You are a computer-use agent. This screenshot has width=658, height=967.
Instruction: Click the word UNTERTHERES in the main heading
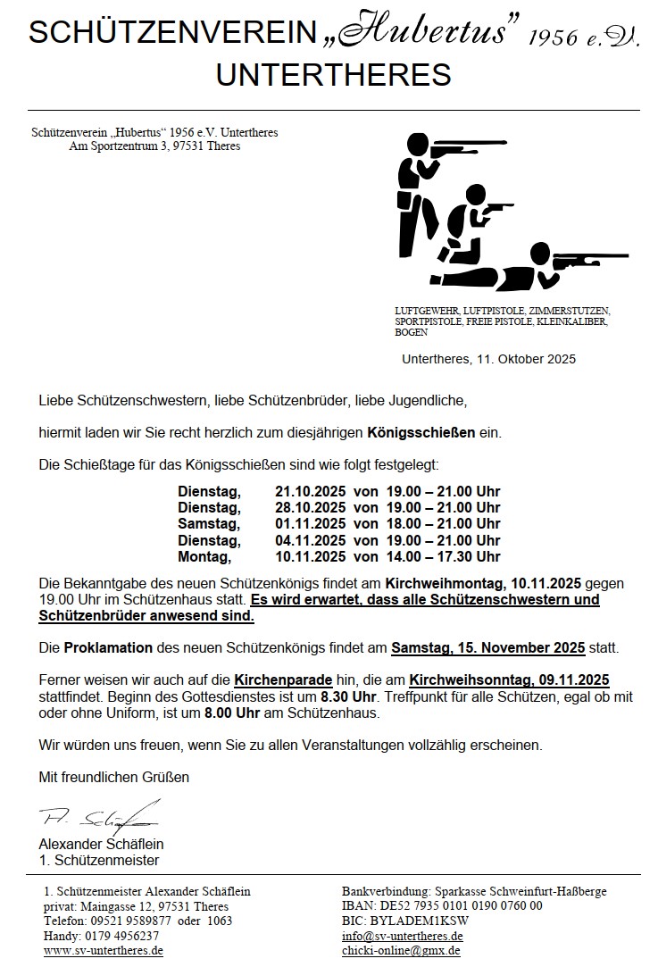pyautogui.click(x=333, y=75)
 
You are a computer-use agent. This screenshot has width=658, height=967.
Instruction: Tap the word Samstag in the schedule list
pyautogui.click(x=208, y=524)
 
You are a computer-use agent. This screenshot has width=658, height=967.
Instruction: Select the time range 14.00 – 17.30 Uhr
pyautogui.click(x=443, y=556)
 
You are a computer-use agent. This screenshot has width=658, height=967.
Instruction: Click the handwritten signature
pyautogui.click(x=98, y=817)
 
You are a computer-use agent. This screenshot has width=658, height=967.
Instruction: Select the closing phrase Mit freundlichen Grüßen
pyautogui.click(x=113, y=777)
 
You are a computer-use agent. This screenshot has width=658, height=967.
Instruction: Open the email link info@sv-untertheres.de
pyautogui.click(x=402, y=937)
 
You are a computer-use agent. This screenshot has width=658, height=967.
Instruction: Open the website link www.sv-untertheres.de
pyautogui.click(x=103, y=952)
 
